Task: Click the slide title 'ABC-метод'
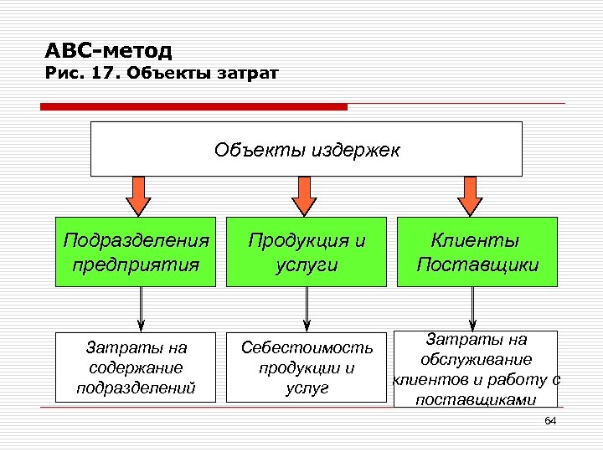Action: [108, 51]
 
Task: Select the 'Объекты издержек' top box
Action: [306, 149]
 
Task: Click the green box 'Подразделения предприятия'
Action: [137, 252]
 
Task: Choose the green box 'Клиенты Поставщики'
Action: [476, 252]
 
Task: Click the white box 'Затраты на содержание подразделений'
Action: [137, 367]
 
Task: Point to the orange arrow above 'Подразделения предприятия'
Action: [137, 196]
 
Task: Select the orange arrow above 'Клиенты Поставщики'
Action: [471, 196]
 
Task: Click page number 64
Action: [550, 420]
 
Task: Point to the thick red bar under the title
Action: [193, 107]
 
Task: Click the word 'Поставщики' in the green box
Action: [477, 265]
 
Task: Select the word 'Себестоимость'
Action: [307, 347]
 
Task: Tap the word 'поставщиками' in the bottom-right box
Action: [476, 400]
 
